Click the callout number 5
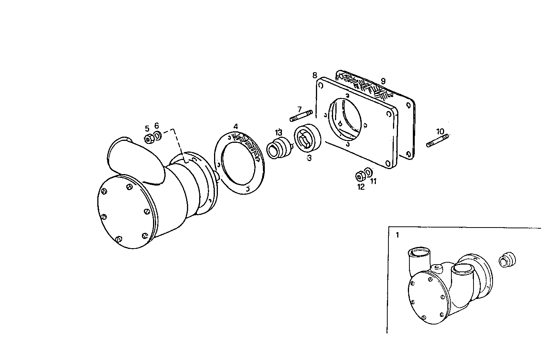pos(147,128)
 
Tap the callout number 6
pos(156,126)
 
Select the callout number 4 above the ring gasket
pos(236,126)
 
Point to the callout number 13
pos(279,132)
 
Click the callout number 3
pos(309,158)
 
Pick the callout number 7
pos(300,109)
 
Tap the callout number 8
pos(314,74)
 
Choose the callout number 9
pos(383,81)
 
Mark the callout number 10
pos(441,131)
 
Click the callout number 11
pos(373,181)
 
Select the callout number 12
pos(361,187)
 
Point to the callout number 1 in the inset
pos(397,235)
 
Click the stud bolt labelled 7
pos(301,116)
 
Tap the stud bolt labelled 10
pos(438,140)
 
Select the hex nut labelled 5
pos(149,139)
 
